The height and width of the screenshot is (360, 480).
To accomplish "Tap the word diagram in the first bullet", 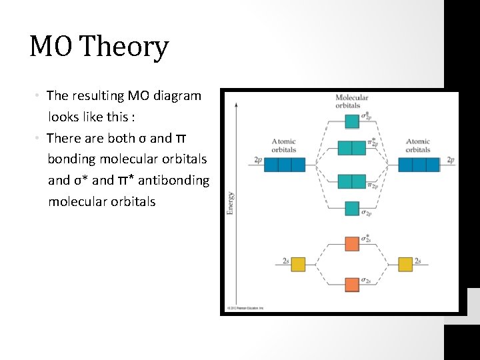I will tap(175, 95).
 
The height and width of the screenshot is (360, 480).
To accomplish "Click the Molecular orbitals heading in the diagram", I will tap(348, 101).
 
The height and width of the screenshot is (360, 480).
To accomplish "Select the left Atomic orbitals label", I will tap(284, 145).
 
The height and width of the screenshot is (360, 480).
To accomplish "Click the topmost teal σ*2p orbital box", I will tap(352, 121).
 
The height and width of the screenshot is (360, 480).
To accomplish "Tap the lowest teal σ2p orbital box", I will tap(352, 209).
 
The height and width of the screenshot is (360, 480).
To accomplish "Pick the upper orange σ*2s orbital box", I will tap(352, 243).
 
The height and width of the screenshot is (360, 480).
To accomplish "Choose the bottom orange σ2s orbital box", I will tap(352, 285).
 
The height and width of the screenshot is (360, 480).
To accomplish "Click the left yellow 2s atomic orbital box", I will tap(297, 264).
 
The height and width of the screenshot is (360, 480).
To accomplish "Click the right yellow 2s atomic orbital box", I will tap(405, 264).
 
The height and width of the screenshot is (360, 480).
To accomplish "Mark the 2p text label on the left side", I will tap(258, 161).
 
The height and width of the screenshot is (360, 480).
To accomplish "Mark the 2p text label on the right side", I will tap(451, 160).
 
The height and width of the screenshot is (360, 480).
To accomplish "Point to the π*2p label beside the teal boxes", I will tap(374, 143).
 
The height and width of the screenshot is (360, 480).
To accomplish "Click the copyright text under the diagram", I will tap(245, 308).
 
